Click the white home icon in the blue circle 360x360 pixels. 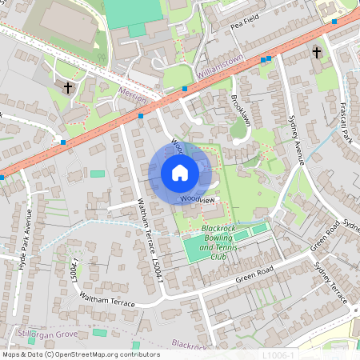coord(179,173)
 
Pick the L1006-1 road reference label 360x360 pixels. coord(279,354)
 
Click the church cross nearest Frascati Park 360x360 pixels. coord(317,53)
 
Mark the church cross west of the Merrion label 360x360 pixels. coord(67,87)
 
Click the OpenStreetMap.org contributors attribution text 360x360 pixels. coord(104,354)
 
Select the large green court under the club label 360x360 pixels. coord(204,248)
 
